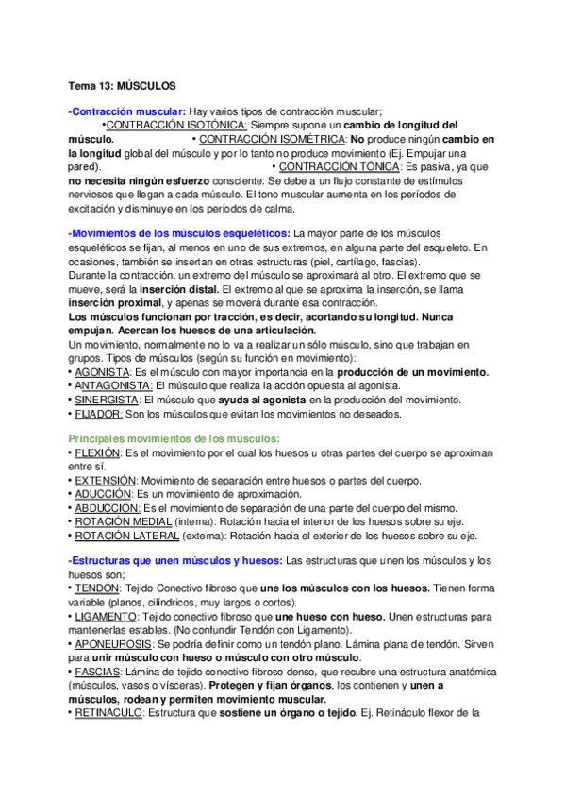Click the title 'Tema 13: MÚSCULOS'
click(123, 85)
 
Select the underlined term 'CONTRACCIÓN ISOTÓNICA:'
click(176, 125)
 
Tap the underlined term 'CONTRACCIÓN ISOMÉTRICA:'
click(265, 139)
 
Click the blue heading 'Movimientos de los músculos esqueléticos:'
click(180, 232)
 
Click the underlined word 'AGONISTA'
click(101, 372)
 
